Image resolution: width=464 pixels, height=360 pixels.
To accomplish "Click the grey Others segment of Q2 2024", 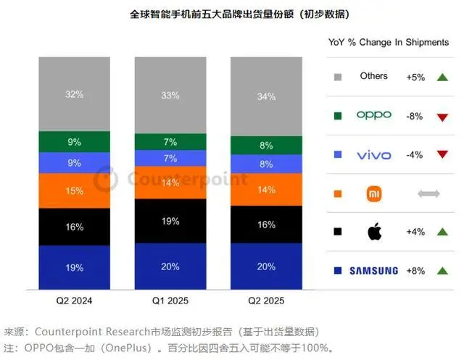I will [x=75, y=94].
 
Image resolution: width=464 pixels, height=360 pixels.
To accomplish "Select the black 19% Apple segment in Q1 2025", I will [x=170, y=221].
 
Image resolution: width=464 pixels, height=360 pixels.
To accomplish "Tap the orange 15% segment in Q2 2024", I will [x=75, y=191].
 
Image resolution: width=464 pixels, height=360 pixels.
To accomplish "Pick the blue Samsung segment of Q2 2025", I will [x=266, y=266].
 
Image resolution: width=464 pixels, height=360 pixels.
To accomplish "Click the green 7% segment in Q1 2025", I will [x=170, y=141].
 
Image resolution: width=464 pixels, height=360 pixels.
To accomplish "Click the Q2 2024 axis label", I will [x=75, y=299].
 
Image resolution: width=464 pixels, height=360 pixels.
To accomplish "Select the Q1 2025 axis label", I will [x=170, y=299].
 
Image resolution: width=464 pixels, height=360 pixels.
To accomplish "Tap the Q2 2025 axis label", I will [x=266, y=299].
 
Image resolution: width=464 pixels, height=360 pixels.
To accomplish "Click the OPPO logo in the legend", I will [x=374, y=115].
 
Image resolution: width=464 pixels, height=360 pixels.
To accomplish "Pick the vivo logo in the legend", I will [x=374, y=155].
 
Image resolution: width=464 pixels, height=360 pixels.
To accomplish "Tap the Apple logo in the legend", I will [x=374, y=233].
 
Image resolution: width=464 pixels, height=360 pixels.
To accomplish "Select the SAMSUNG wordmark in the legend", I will [x=374, y=271].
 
